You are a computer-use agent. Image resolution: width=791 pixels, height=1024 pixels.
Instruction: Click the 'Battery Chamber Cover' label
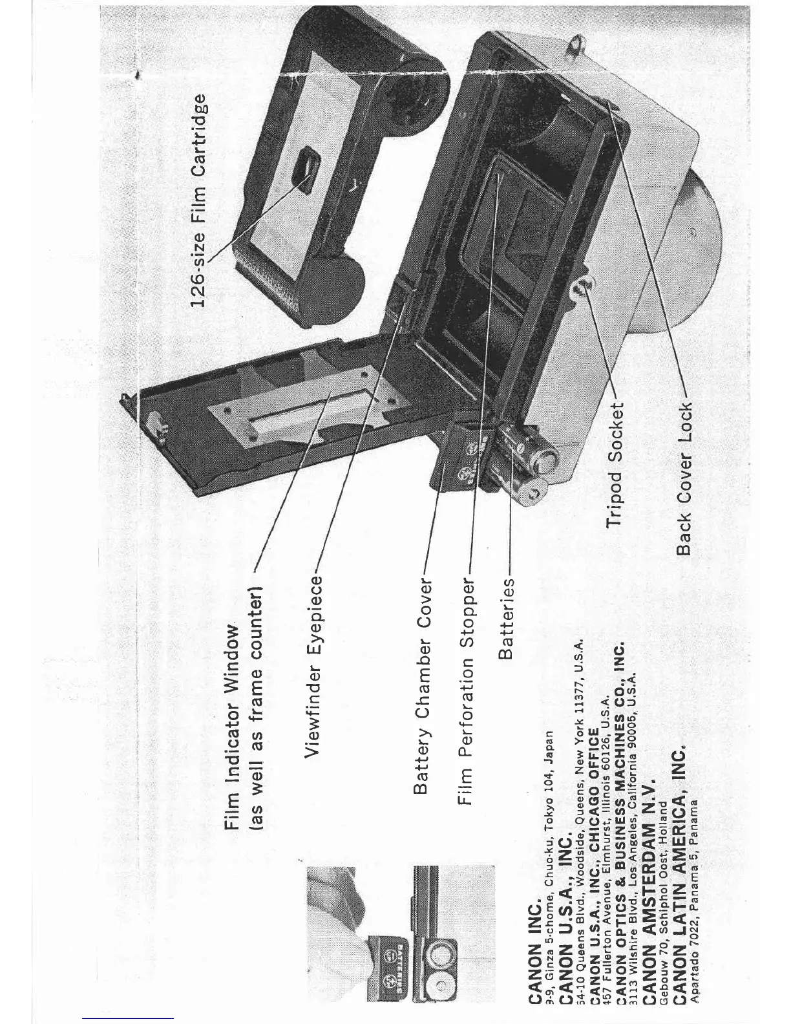click(423, 703)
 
